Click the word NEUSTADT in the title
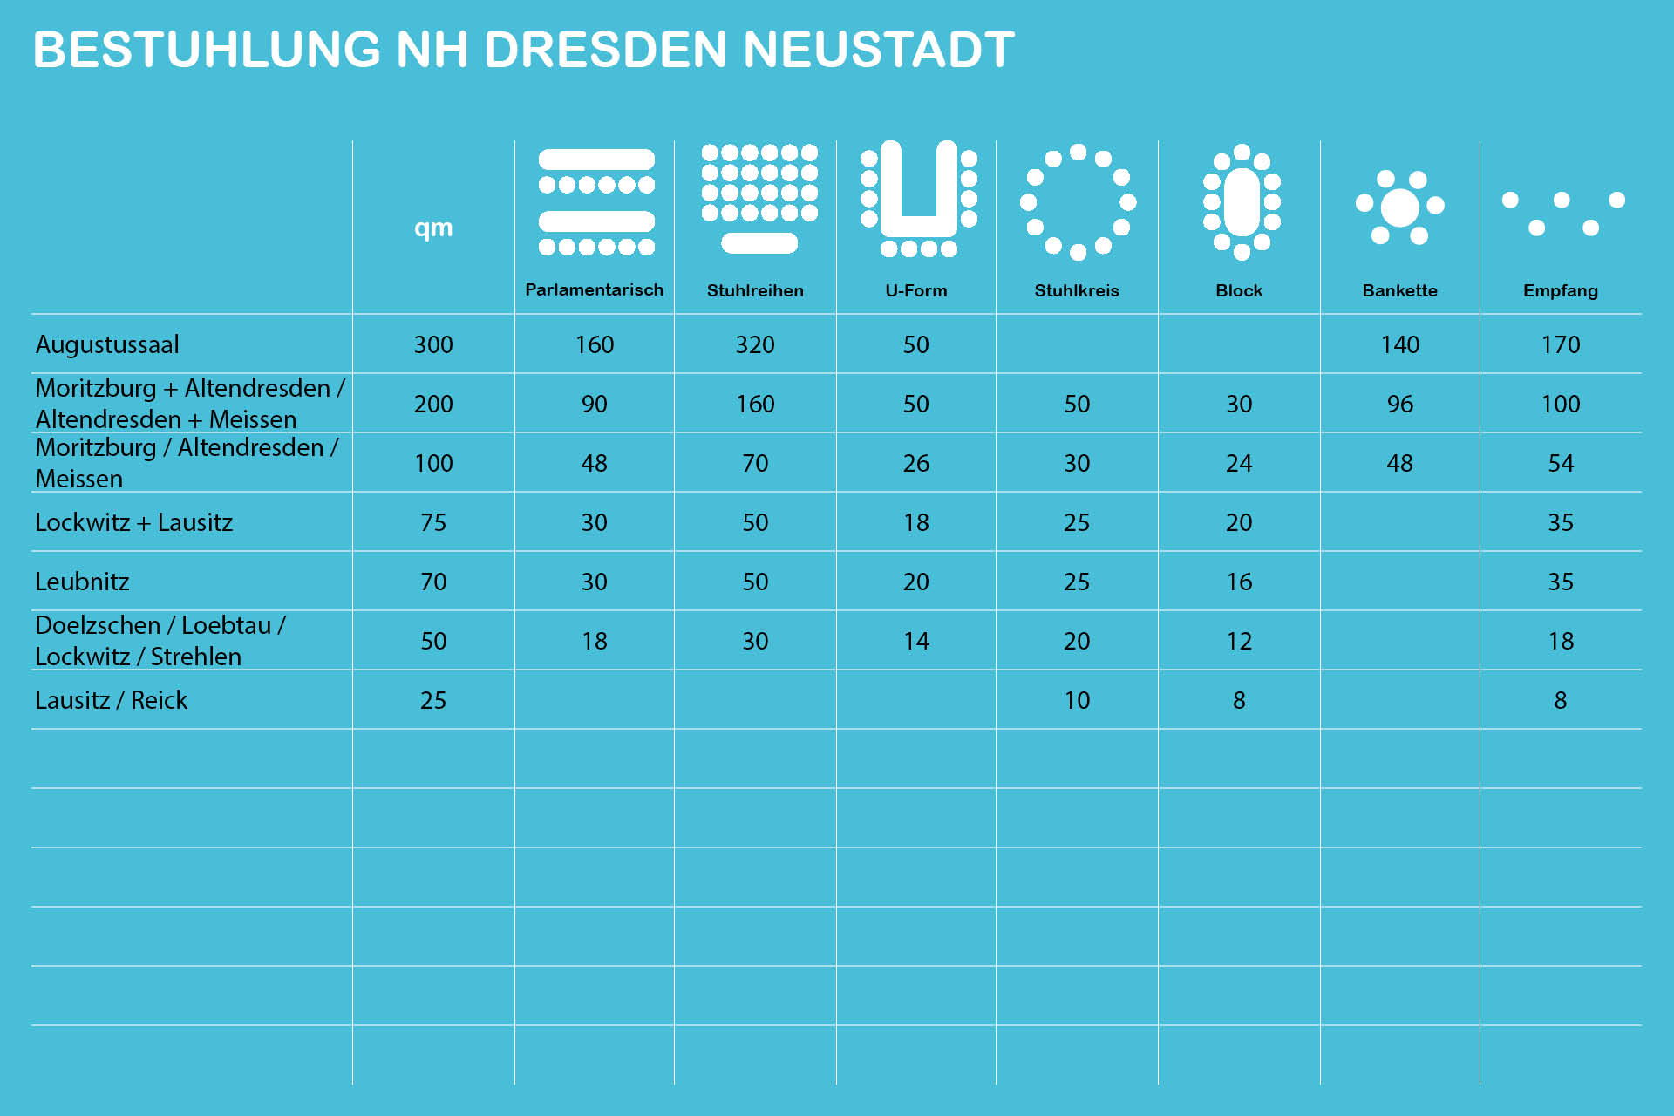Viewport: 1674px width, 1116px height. pos(879,50)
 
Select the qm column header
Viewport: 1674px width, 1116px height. pos(433,228)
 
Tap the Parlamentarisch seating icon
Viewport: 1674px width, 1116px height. pos(596,202)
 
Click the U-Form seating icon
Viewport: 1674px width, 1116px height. pos(918,199)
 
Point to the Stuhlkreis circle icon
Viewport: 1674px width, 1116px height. pos(1078,202)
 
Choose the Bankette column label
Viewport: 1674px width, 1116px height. pos(1399,290)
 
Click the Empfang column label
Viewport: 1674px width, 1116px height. pos(1560,290)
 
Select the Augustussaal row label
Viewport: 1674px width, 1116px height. pos(107,344)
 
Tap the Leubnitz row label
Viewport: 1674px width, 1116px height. pos(82,582)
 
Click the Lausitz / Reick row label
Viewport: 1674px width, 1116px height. pos(111,700)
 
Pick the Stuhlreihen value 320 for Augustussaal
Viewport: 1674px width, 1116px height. pos(755,344)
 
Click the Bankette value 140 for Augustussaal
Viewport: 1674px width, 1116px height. pos(1399,344)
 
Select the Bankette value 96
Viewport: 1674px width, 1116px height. pos(1399,404)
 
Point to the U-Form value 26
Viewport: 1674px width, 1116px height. pos(915,463)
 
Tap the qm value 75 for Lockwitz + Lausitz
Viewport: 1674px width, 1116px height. pos(433,522)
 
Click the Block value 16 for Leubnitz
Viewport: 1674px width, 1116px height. pos(1239,582)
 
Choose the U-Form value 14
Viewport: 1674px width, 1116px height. pos(915,641)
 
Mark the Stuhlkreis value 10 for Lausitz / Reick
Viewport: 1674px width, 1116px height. pos(1077,700)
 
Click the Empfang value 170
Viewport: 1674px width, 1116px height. pos(1560,344)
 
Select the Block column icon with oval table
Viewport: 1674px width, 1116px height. pos(1242,202)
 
